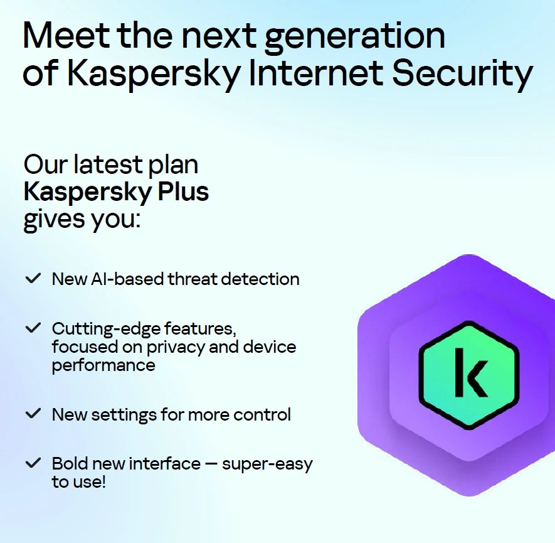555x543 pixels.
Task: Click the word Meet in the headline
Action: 66,35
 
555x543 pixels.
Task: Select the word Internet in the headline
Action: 316,73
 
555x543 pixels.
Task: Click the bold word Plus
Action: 183,191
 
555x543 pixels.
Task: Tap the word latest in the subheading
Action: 108,164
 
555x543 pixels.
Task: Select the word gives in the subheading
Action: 54,220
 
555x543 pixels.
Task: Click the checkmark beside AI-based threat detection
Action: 33,278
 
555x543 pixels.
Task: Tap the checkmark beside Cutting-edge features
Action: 33,328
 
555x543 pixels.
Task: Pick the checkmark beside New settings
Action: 33,413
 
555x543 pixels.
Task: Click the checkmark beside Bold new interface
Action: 33,463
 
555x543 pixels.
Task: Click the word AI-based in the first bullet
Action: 128,279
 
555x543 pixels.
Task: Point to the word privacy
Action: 176,348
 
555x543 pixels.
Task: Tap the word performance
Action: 103,366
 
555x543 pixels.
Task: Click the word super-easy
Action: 267,465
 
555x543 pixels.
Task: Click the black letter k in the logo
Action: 470,372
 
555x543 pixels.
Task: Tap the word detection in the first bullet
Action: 260,279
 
